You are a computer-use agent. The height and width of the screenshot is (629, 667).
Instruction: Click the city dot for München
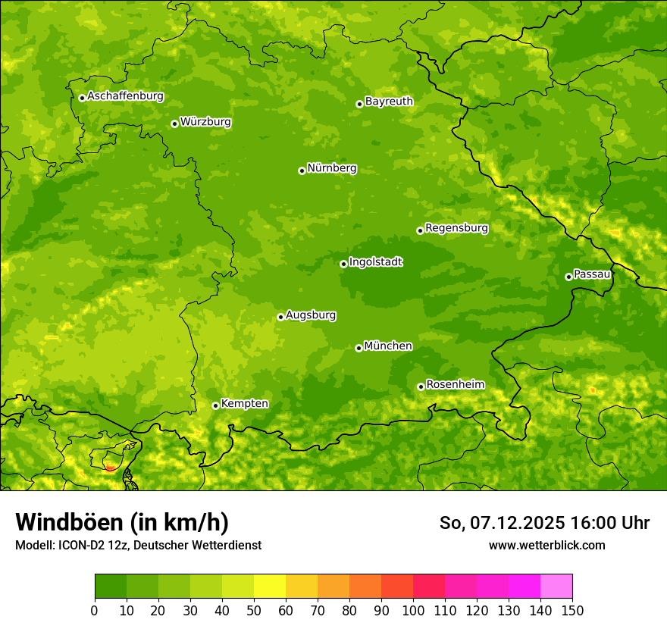359,348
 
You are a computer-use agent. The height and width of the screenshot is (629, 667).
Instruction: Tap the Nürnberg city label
331,168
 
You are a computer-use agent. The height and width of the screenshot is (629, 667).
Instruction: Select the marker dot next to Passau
568,277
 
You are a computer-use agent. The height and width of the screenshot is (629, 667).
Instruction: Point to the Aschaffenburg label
125,96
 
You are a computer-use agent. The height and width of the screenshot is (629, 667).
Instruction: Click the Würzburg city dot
174,124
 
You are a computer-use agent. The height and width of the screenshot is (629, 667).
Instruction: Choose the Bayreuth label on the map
389,101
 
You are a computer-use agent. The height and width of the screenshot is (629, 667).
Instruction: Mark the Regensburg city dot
420,230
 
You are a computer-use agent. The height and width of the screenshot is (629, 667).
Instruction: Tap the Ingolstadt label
375,262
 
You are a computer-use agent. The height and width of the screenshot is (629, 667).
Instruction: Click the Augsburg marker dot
280,317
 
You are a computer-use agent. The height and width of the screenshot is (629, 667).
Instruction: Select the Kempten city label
244,403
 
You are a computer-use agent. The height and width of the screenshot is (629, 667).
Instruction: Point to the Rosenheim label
455,384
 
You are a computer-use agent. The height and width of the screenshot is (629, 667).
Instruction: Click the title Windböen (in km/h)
122,522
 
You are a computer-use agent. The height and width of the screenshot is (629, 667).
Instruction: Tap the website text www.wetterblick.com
546,545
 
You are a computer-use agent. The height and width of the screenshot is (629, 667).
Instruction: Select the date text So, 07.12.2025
502,523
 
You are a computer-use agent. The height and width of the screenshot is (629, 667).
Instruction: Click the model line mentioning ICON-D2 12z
138,545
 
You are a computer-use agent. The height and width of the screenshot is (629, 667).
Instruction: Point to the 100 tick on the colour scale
413,610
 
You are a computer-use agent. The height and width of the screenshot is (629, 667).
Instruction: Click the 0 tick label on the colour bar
95,610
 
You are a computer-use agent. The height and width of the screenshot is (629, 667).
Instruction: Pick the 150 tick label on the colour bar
572,610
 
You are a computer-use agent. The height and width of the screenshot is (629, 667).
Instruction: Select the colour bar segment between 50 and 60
270,587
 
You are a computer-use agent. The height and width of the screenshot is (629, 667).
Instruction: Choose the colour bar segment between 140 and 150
556,587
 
